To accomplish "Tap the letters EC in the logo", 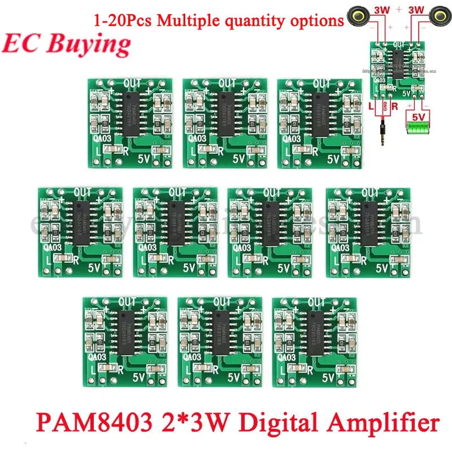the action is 23,44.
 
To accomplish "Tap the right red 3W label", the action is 415,10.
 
